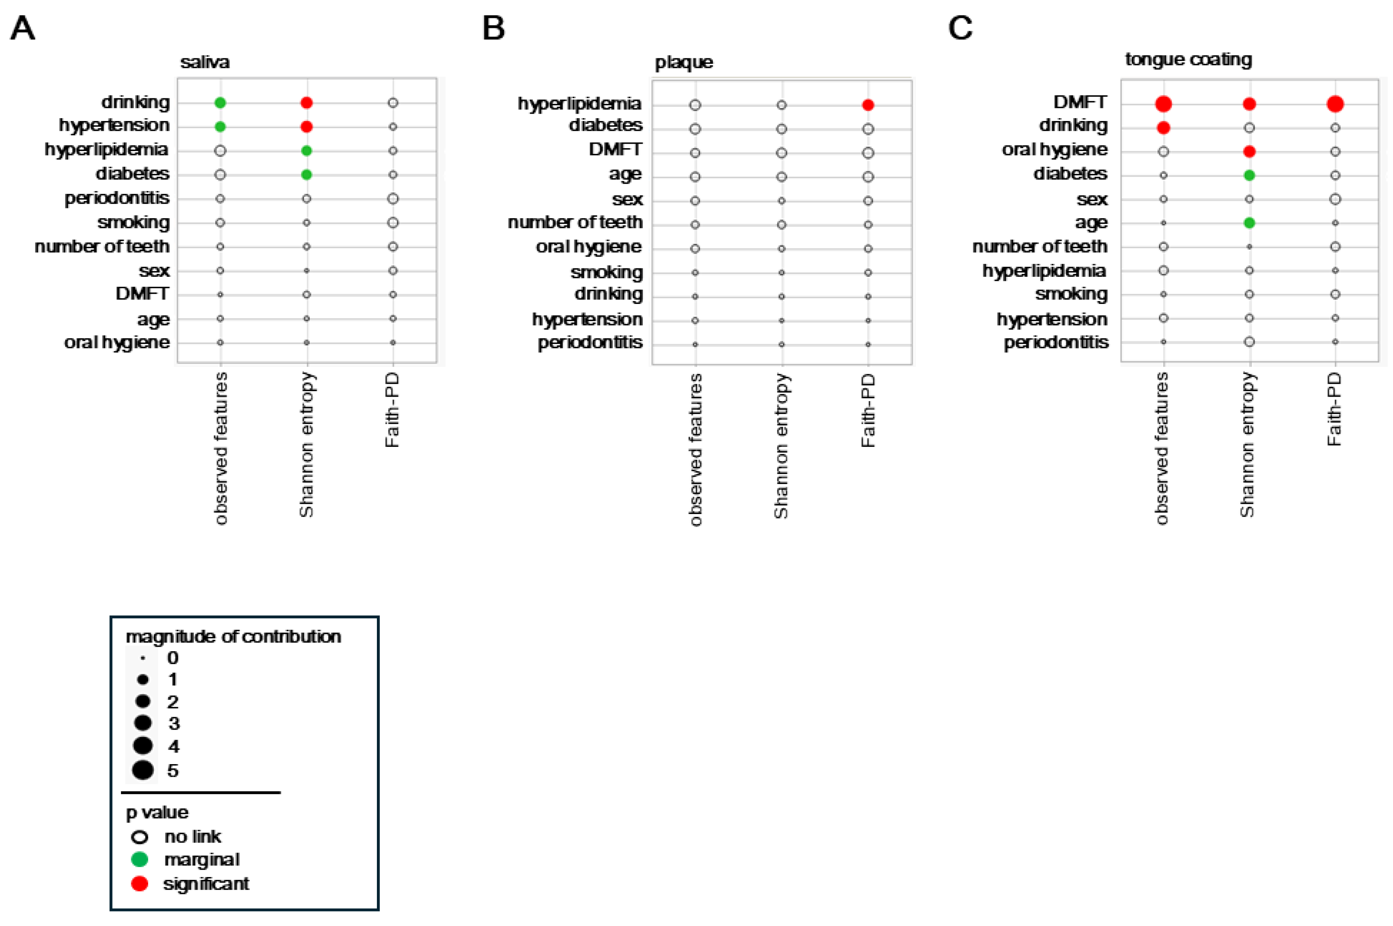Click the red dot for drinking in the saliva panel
pyautogui.click(x=306, y=103)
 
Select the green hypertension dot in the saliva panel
pyautogui.click(x=220, y=126)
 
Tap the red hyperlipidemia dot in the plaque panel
pyautogui.click(x=867, y=105)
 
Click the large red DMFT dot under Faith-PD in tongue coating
pyautogui.click(x=1335, y=104)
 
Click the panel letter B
pyautogui.click(x=493, y=28)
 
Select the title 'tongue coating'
pyautogui.click(x=1188, y=59)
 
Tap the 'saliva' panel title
pyautogui.click(x=204, y=62)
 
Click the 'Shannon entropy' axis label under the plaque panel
pyautogui.click(x=781, y=446)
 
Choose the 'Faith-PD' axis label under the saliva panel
pyautogui.click(x=392, y=410)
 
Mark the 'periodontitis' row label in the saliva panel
pyautogui.click(x=117, y=198)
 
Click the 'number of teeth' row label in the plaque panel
pyautogui.click(x=575, y=223)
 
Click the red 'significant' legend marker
pyautogui.click(x=139, y=884)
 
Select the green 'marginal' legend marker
pyautogui.click(x=139, y=859)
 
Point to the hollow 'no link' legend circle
pyautogui.click(x=139, y=837)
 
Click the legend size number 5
pyautogui.click(x=172, y=770)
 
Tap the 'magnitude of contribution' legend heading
pyautogui.click(x=233, y=637)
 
